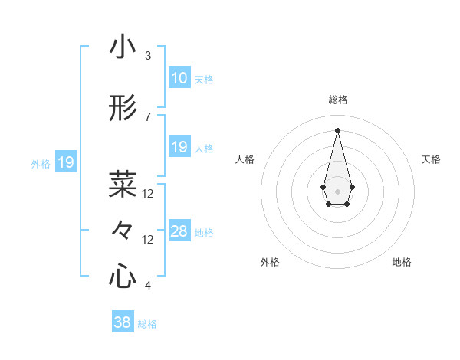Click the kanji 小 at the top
click(123, 47)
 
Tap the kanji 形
click(123, 109)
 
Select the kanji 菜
click(123, 184)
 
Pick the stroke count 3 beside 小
click(148, 56)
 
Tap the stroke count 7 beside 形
click(148, 117)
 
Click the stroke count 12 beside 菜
click(148, 194)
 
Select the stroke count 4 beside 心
click(148, 286)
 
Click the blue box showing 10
click(179, 78)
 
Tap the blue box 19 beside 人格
click(179, 147)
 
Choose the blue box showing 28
click(179, 231)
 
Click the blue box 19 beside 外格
click(65, 162)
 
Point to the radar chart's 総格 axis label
click(338, 100)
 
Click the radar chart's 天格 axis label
click(432, 159)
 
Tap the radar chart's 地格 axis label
click(402, 262)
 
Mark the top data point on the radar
click(337, 129)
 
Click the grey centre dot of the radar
click(337, 190)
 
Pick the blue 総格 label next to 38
click(147, 324)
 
